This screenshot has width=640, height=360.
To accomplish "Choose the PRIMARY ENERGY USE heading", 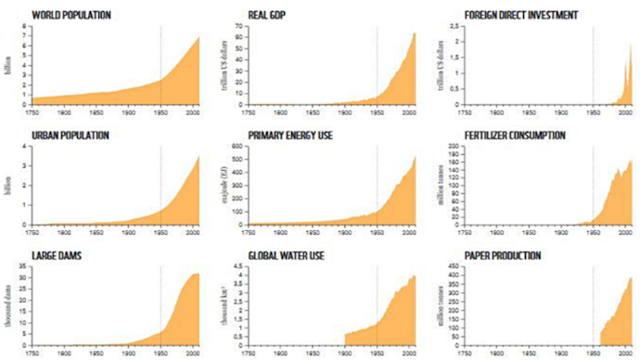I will pyautogui.click(x=290, y=135).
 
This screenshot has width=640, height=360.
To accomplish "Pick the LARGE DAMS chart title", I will pyautogui.click(x=54, y=255).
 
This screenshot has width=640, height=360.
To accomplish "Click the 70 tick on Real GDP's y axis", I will pyautogui.click(x=239, y=27).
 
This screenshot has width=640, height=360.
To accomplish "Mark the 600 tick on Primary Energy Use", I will pyautogui.click(x=237, y=147).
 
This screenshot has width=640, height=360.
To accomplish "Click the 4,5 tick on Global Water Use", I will pyautogui.click(x=237, y=267).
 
